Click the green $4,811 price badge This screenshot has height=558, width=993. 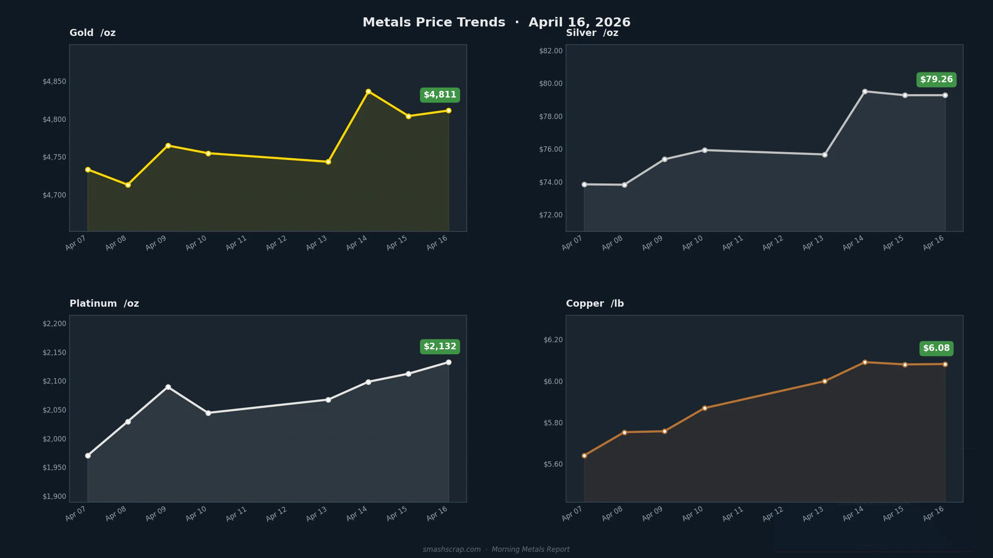click(440, 95)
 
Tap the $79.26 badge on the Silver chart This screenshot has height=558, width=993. click(936, 80)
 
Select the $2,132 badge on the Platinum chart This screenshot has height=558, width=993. click(440, 347)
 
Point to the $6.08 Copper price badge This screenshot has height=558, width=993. click(936, 348)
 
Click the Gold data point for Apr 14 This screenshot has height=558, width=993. click(368, 92)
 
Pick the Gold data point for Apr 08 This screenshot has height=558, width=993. click(128, 185)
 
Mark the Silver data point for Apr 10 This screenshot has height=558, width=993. click(705, 150)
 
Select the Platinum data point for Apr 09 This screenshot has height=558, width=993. click(168, 387)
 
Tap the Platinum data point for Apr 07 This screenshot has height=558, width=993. click(88, 455)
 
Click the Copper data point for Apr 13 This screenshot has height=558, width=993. click(825, 382)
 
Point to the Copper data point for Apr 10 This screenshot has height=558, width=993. click(705, 408)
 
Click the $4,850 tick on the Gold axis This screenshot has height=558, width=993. click(54, 81)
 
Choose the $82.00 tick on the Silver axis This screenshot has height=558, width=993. click(551, 51)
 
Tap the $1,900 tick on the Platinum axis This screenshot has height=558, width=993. click(54, 496)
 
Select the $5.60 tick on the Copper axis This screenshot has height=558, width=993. click(553, 464)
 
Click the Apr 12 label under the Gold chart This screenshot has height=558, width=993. click(276, 243)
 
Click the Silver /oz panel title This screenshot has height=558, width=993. click(592, 33)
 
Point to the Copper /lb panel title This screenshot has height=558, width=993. click(595, 303)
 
